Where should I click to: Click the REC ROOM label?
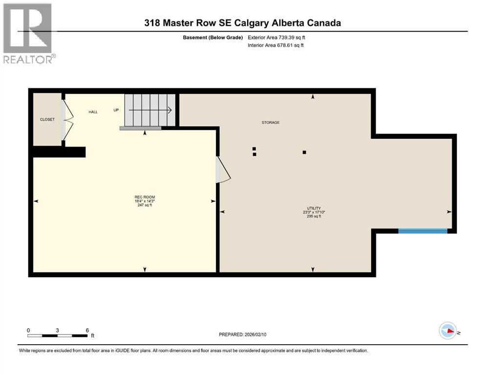click(145, 197)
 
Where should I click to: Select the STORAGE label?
click(270, 123)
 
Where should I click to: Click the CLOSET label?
click(47, 120)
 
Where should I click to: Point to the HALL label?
click(93, 112)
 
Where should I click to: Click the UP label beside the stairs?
click(116, 110)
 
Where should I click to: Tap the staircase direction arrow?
click(149, 110)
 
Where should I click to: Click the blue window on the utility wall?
click(422, 231)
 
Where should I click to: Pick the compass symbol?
click(447, 331)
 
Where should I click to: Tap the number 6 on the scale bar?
click(87, 330)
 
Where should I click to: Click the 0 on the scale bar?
click(28, 330)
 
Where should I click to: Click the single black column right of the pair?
click(304, 152)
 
